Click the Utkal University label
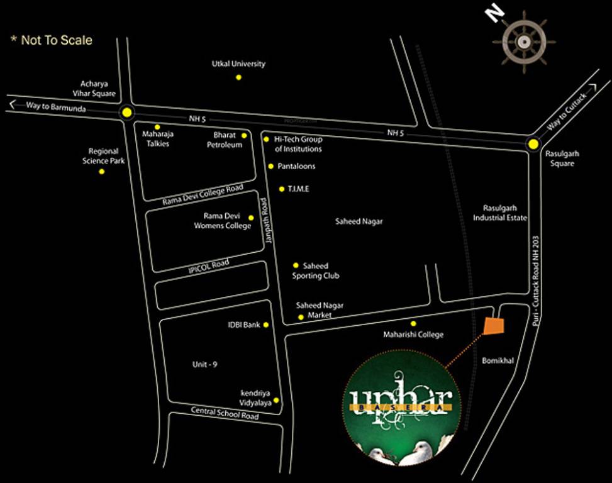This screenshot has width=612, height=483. pyautogui.click(x=238, y=64)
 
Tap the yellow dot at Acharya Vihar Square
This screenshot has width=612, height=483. pyautogui.click(x=128, y=113)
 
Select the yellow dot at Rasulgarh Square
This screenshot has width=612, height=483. pyautogui.click(x=533, y=144)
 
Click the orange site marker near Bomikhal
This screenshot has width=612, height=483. pyautogui.click(x=494, y=326)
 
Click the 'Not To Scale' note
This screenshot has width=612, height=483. pyautogui.click(x=52, y=41)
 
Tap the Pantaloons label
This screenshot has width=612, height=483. pyautogui.click(x=296, y=167)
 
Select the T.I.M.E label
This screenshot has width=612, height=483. pyautogui.click(x=299, y=189)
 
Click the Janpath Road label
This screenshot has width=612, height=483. pyautogui.click(x=265, y=222)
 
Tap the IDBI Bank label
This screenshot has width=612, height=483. pyautogui.click(x=244, y=325)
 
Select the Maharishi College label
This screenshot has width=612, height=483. pyautogui.click(x=413, y=335)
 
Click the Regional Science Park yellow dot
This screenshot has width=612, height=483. pyautogui.click(x=102, y=171)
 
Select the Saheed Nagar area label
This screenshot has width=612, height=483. pyautogui.click(x=359, y=221)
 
